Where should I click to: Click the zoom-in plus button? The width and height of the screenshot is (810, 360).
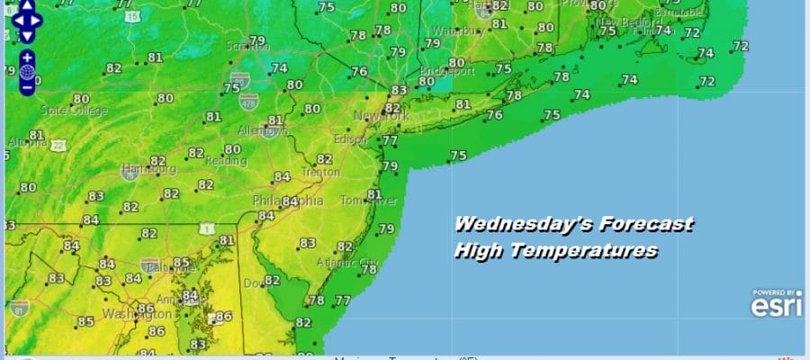[27, 56]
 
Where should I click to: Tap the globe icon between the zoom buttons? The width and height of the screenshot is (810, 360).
[27, 71]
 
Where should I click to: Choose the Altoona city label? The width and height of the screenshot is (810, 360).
[22, 143]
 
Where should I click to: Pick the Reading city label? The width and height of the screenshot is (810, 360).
[228, 162]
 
